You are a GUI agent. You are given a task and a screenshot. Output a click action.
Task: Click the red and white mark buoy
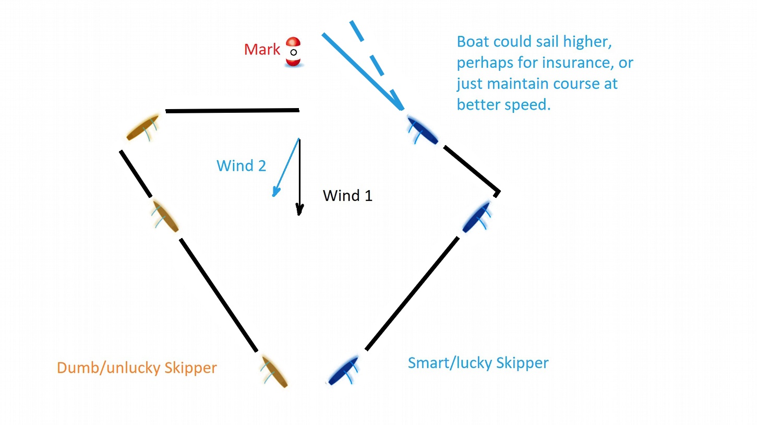(x=293, y=52)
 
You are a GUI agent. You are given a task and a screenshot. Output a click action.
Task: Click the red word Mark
(x=262, y=50)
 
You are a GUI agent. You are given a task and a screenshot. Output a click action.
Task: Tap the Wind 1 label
(x=347, y=196)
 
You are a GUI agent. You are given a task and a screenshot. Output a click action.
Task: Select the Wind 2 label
(x=242, y=166)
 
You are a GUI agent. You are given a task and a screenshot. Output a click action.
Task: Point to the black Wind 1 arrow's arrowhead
(x=299, y=209)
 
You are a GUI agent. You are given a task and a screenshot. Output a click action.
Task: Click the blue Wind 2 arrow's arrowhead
(x=276, y=191)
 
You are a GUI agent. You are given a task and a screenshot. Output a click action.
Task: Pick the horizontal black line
(x=233, y=111)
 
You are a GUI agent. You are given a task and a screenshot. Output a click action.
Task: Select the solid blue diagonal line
(x=363, y=72)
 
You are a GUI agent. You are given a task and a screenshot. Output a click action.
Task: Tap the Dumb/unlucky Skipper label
(x=137, y=368)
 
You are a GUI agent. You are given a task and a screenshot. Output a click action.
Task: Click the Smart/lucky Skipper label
(x=478, y=363)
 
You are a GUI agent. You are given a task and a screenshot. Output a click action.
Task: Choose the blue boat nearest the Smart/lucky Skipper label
(x=343, y=370)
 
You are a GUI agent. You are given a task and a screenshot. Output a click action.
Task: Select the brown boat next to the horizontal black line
(x=143, y=127)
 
